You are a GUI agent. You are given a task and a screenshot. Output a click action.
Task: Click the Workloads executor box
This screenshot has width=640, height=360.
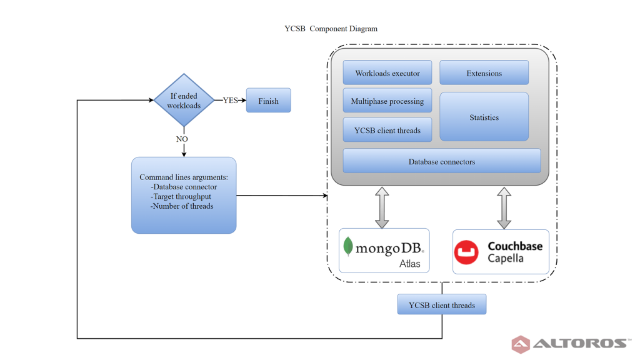pyautogui.click(x=387, y=72)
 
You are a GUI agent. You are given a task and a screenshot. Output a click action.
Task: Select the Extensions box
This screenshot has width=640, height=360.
pyautogui.click(x=484, y=72)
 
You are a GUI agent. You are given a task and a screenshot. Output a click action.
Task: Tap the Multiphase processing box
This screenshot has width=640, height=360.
pyautogui.click(x=387, y=101)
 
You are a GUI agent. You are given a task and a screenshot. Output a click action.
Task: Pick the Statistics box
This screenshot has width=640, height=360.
pyautogui.click(x=484, y=117)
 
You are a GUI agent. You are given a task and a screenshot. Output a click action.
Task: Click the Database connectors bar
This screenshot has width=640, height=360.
pyautogui.click(x=442, y=161)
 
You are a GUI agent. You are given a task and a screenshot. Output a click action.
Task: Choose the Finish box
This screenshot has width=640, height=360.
pyautogui.click(x=269, y=101)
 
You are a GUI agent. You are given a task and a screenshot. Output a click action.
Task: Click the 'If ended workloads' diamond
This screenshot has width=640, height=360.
pyautogui.click(x=184, y=100)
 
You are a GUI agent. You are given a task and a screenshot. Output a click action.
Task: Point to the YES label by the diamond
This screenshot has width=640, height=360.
pyautogui.click(x=230, y=101)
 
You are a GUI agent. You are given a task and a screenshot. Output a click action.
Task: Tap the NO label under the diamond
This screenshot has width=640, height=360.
pyautogui.click(x=182, y=139)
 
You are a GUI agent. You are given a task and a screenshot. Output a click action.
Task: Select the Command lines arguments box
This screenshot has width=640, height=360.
pyautogui.click(x=184, y=195)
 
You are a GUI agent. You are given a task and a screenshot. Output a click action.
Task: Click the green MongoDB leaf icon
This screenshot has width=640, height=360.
pyautogui.click(x=347, y=246)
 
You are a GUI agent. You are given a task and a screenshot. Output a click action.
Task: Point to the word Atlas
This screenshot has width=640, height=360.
pyautogui.click(x=410, y=264)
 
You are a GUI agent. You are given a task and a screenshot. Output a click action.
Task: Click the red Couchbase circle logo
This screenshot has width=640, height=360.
pyautogui.click(x=466, y=252)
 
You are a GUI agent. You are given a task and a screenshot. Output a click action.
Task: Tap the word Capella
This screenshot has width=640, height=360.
pyautogui.click(x=505, y=258)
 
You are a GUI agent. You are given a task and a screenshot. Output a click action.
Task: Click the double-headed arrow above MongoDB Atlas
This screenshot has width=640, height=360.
pyautogui.click(x=382, y=207)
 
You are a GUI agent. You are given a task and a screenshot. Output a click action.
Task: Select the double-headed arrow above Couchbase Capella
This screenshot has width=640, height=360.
pyautogui.click(x=504, y=207)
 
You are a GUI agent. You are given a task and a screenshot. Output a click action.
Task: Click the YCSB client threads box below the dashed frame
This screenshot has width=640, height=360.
pyautogui.click(x=442, y=304)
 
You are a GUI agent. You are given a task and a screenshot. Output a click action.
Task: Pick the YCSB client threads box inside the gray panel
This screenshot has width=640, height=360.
pyautogui.click(x=387, y=130)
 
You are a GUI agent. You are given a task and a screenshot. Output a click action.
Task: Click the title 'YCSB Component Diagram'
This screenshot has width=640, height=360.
pyautogui.click(x=331, y=29)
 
